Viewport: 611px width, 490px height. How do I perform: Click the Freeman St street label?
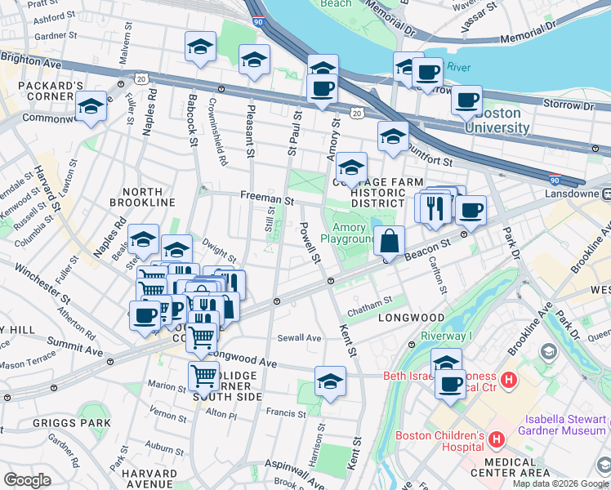tap(266, 198)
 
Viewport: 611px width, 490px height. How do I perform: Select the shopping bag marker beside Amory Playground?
tap(390, 241)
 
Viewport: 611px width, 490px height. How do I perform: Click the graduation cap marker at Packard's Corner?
tap(91, 107)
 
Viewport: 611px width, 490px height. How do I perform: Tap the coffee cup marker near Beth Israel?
tap(448, 384)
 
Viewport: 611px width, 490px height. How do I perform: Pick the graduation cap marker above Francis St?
tap(330, 381)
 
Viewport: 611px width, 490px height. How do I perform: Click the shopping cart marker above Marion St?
tap(203, 376)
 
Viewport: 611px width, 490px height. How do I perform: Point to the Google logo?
tap(28, 479)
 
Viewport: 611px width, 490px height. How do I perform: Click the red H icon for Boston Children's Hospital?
tap(496, 442)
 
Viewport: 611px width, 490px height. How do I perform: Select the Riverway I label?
tap(447, 336)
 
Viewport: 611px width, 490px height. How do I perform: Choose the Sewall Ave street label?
tap(299, 337)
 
